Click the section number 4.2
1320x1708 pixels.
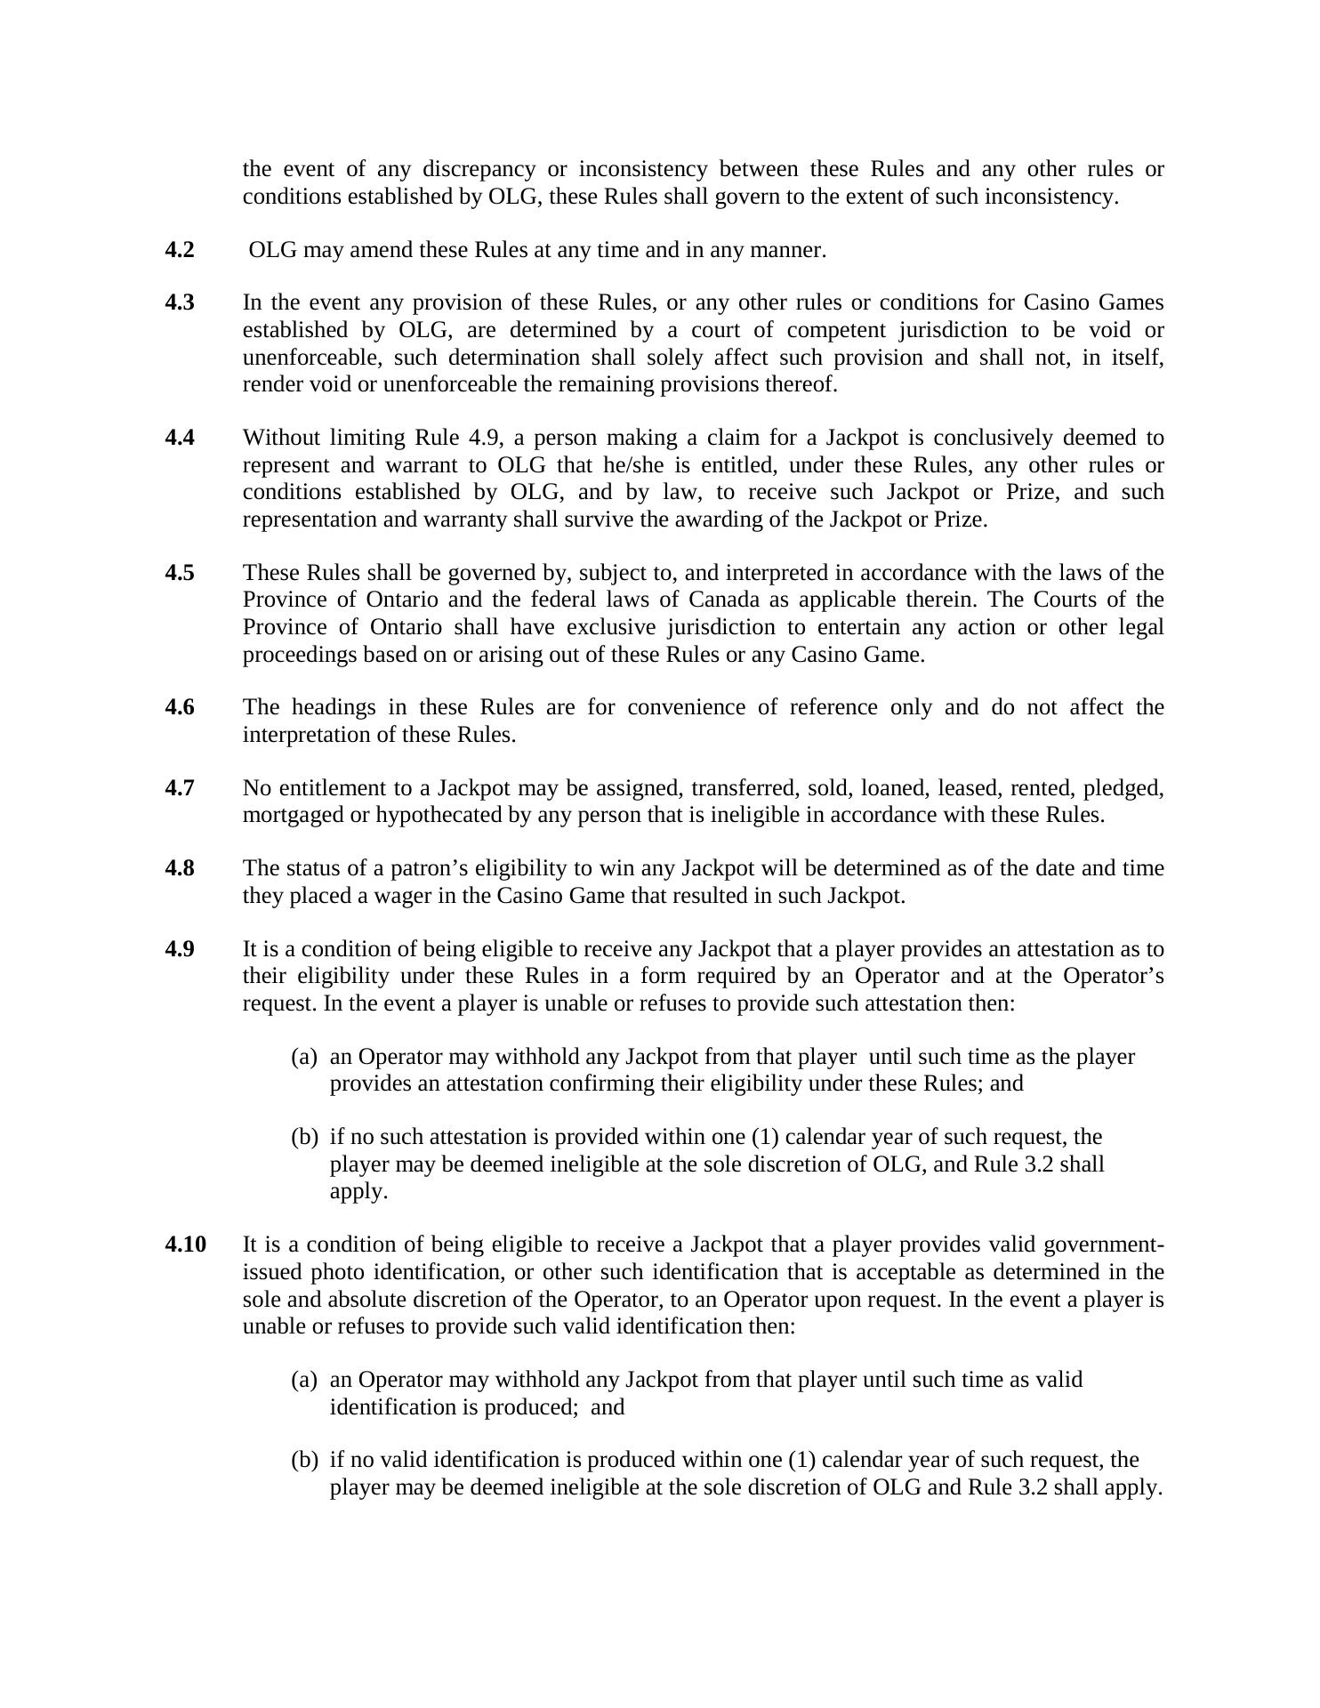coord(179,250)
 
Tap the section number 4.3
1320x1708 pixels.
coord(179,302)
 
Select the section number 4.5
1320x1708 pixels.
coord(179,572)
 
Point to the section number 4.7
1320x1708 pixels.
coord(179,788)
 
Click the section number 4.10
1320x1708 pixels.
coord(185,1244)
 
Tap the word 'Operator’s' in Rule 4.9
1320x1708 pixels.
coord(1113,976)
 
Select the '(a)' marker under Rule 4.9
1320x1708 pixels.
coord(304,1057)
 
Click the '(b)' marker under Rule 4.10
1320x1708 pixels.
coord(304,1460)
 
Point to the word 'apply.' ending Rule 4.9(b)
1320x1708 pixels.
coord(358,1191)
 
